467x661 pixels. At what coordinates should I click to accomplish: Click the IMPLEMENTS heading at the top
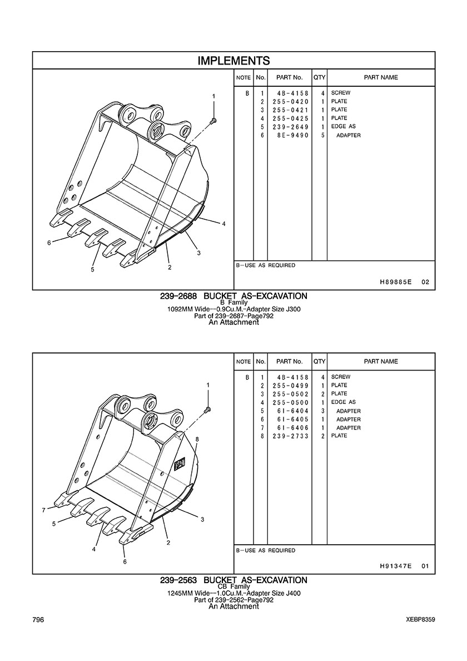coord(233,61)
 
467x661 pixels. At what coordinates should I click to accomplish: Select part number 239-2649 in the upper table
coord(290,127)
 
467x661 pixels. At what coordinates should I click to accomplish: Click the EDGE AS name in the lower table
coord(343,402)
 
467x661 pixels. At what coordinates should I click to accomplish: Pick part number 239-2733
coord(290,436)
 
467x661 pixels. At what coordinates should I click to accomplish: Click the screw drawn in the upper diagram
coord(213,121)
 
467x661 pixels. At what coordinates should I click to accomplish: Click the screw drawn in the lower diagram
coord(207,408)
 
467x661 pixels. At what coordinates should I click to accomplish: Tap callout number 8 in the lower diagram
coord(197,439)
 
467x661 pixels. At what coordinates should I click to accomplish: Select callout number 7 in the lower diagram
coord(43,511)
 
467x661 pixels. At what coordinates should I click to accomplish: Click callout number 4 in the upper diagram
coord(223,224)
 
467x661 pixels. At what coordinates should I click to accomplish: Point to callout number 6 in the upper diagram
coord(49,243)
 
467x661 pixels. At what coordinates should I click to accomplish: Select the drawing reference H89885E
coord(395,282)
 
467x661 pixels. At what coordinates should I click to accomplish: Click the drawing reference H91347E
coord(395,566)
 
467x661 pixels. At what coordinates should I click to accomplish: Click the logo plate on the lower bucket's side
coord(179,465)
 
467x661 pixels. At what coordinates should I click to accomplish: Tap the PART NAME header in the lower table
coord(381,361)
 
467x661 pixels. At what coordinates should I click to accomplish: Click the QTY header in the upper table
coord(320,77)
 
